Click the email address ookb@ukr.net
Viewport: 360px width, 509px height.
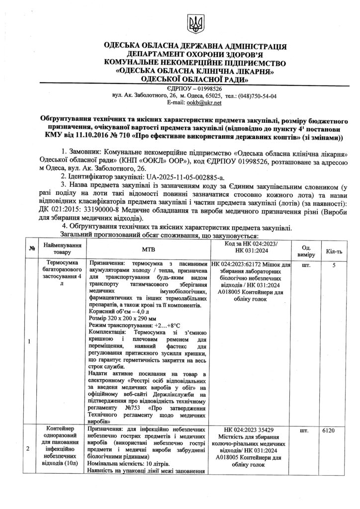[205, 102]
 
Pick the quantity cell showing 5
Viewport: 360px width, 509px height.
[334, 265]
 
